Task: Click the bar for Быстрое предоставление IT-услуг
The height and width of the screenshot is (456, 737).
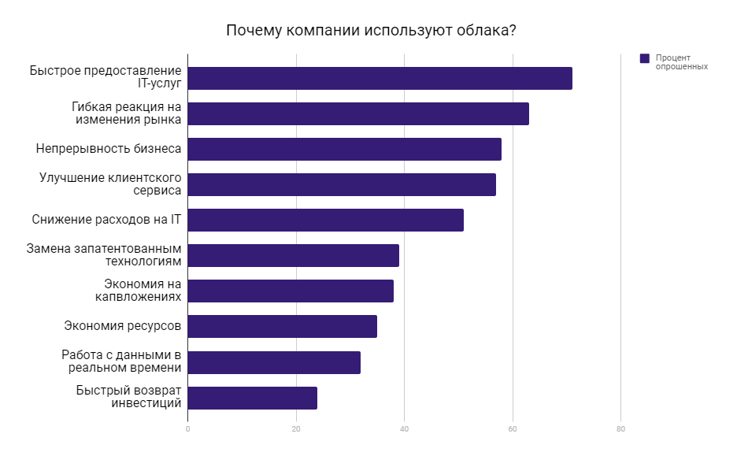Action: pyautogui.click(x=380, y=79)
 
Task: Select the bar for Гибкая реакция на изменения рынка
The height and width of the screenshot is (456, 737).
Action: pyautogui.click(x=358, y=114)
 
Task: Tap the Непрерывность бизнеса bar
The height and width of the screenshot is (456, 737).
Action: pyautogui.click(x=344, y=150)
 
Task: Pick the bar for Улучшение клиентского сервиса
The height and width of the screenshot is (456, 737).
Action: pyautogui.click(x=342, y=185)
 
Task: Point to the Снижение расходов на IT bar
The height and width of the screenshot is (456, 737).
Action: pyautogui.click(x=325, y=221)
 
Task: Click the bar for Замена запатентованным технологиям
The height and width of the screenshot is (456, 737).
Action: pyautogui.click(x=293, y=256)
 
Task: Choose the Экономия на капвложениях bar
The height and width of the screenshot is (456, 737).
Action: pyautogui.click(x=291, y=291)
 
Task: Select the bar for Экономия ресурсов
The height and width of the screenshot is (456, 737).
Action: pyautogui.click(x=282, y=327)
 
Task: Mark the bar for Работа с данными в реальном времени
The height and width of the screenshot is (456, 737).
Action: pyautogui.click(x=274, y=362)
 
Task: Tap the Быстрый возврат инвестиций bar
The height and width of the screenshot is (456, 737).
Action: pyautogui.click(x=252, y=398)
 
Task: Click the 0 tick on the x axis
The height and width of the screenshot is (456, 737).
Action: pyautogui.click(x=187, y=429)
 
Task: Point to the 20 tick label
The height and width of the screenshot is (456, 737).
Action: pyautogui.click(x=296, y=429)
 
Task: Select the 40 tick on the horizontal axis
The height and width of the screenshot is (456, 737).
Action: pyautogui.click(x=404, y=429)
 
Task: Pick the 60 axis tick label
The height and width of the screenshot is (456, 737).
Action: pyautogui.click(x=513, y=429)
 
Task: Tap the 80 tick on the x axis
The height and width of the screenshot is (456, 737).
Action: pyautogui.click(x=620, y=429)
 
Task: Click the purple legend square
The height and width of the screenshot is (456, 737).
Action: pyautogui.click(x=645, y=58)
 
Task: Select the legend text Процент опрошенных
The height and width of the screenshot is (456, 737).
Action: pyautogui.click(x=682, y=62)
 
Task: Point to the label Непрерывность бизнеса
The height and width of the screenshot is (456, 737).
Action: pyautogui.click(x=109, y=149)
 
